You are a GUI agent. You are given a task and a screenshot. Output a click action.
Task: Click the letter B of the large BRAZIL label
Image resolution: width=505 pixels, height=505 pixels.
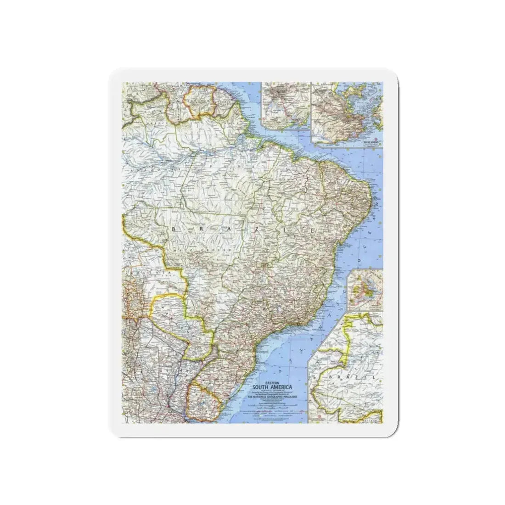point(175,228)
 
